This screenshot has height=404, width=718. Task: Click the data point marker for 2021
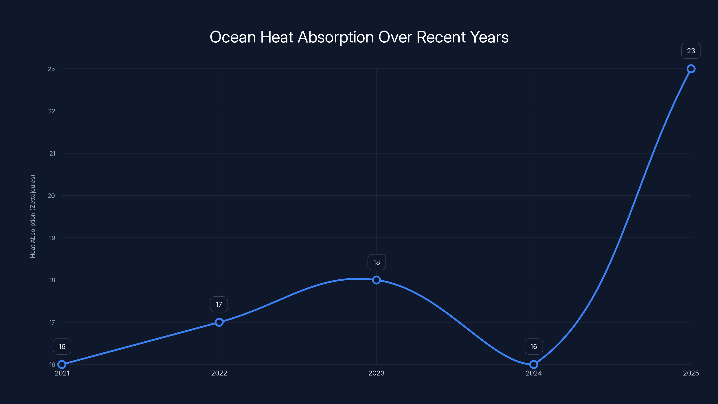pos(62,364)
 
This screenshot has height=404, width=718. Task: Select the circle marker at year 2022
pos(219,322)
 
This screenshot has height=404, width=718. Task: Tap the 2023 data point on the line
pos(376,280)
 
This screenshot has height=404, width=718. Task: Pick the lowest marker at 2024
pos(534,364)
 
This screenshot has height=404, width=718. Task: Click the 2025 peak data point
pos(691,69)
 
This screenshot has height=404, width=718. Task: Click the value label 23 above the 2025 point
pos(691,51)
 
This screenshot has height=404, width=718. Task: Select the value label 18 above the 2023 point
pos(376,262)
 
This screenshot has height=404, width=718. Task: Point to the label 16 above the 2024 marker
pos(534,347)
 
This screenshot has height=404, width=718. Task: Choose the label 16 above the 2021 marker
pos(62,347)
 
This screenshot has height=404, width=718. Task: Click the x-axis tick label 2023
pos(376,373)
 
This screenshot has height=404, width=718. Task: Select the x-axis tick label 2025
pos(691,373)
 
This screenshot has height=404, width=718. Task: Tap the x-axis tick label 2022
pos(219,373)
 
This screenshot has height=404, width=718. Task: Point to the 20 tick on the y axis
pos(51,196)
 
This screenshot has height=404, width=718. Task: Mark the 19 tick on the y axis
pos(52,238)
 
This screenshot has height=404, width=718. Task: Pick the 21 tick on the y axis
pos(52,153)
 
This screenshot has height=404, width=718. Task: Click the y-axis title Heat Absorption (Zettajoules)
pos(33,216)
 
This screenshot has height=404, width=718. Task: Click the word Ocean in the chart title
pos(232,37)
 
